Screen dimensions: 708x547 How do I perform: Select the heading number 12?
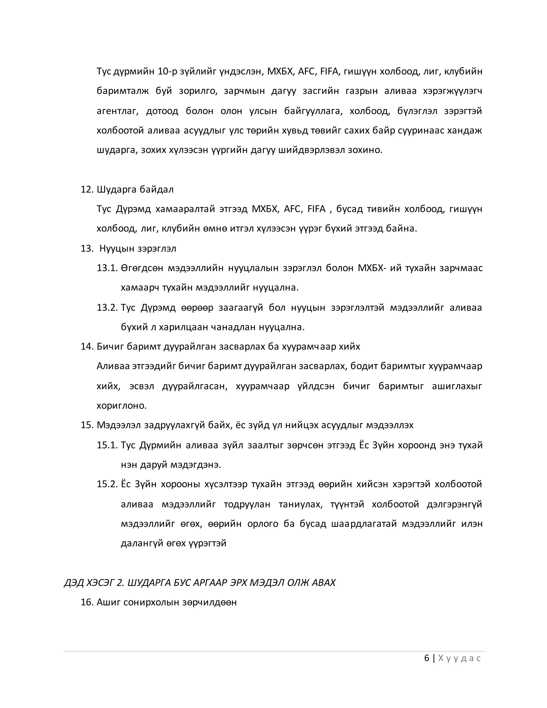click(x=87, y=190)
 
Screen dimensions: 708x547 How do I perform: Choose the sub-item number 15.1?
click(x=107, y=445)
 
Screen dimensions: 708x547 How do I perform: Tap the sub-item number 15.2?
click(x=107, y=484)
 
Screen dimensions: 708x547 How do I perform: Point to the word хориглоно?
click(x=122, y=406)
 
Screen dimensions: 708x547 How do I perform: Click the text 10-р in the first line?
click(x=167, y=72)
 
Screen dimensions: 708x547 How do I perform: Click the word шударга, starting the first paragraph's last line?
click(x=117, y=150)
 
